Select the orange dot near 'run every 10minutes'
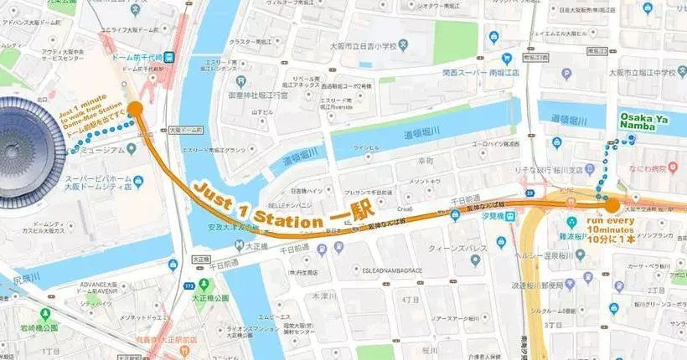[612, 204]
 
